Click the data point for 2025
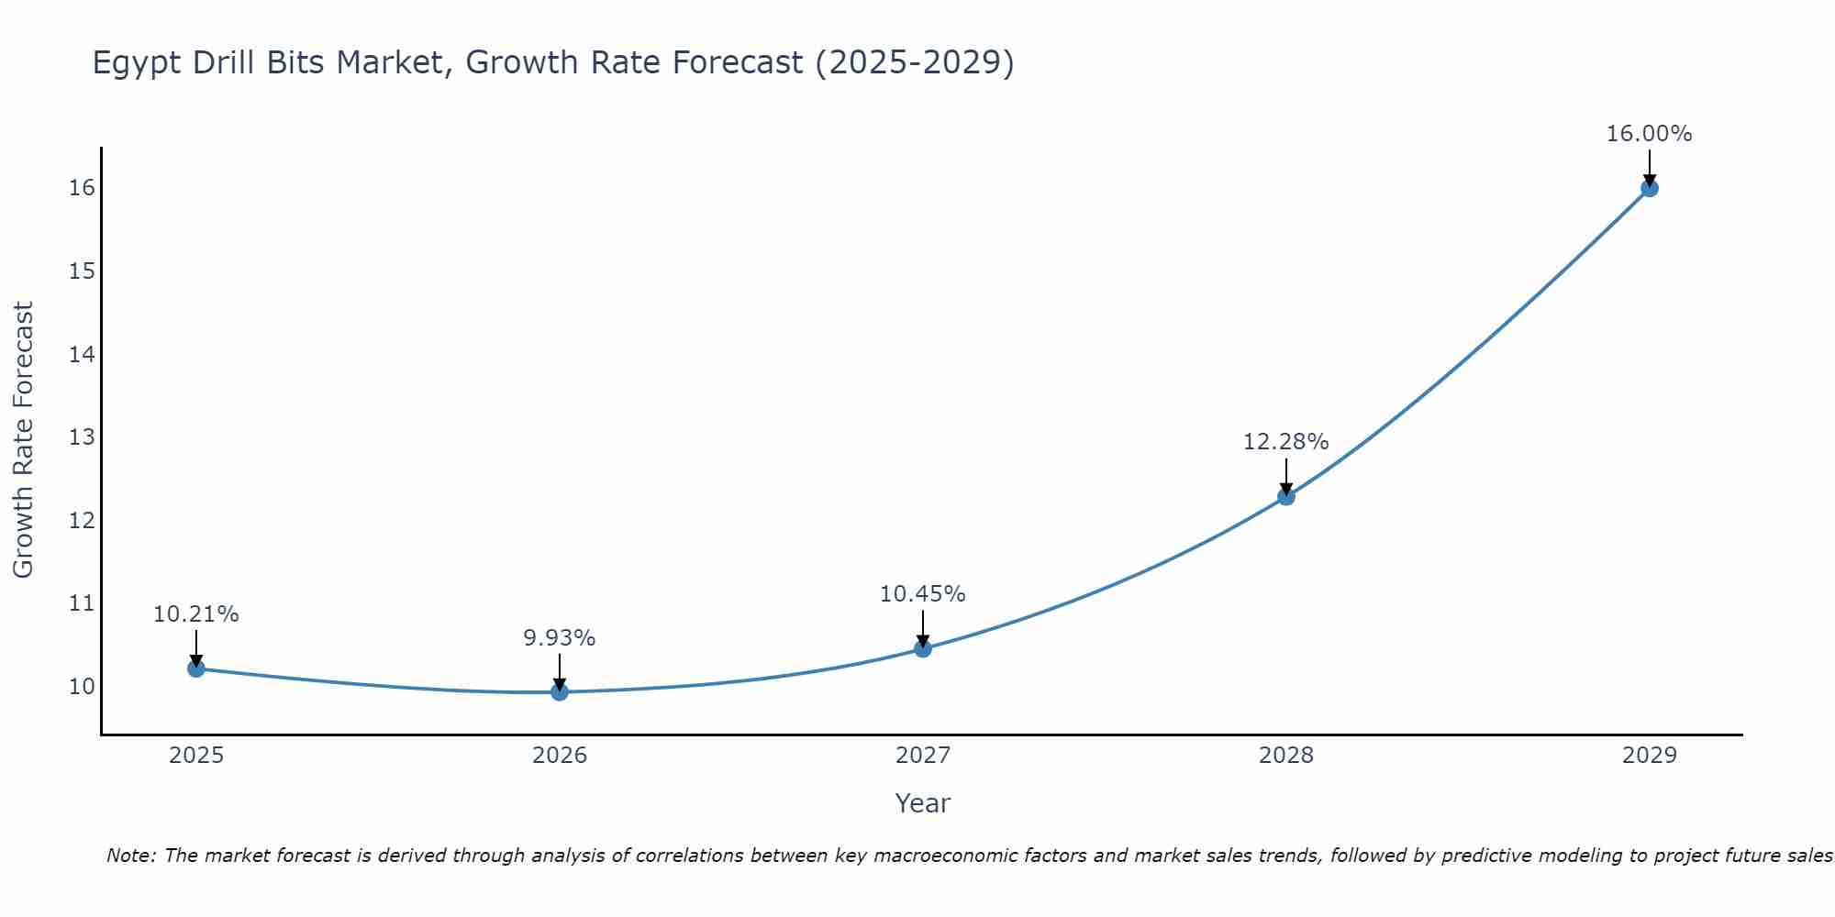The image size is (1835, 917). click(x=195, y=668)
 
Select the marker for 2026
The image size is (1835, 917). click(x=560, y=691)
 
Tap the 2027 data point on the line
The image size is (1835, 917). click(x=923, y=648)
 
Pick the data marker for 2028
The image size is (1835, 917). click(x=1286, y=497)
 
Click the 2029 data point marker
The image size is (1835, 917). click(x=1649, y=188)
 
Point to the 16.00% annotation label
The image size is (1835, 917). click(x=1649, y=134)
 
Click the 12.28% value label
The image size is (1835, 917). click(x=1285, y=442)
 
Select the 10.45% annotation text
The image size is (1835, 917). click(x=922, y=594)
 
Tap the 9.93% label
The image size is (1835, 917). click(x=560, y=638)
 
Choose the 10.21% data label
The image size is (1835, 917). click(x=195, y=614)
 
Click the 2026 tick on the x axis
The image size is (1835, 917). click(x=560, y=756)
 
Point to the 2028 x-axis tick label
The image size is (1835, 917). click(x=1286, y=756)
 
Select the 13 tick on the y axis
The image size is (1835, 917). click(x=82, y=437)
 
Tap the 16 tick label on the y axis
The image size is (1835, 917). click(x=82, y=188)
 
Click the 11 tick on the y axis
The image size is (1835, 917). click(x=82, y=603)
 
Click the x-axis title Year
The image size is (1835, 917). click(x=922, y=803)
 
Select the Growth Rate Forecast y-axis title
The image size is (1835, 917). click(x=23, y=440)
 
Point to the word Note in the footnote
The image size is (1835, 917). click(x=131, y=856)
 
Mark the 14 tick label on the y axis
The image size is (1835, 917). click(x=82, y=354)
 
